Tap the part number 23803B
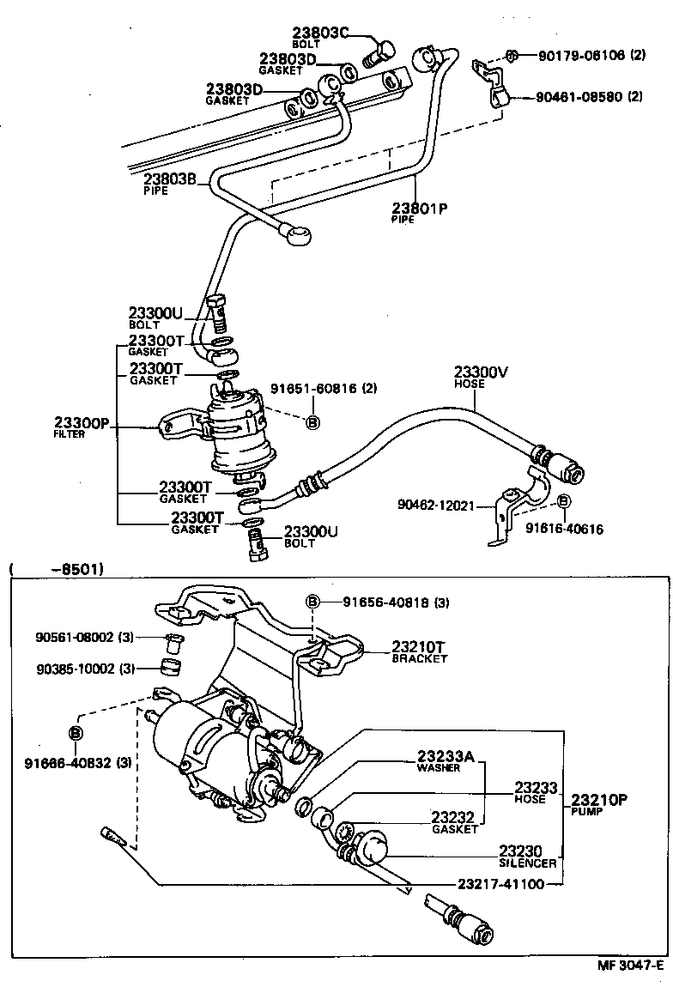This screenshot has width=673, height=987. coord(170,179)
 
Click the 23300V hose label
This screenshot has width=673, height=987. coord(482,372)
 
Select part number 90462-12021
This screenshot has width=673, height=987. coord(435,506)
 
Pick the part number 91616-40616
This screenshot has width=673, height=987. coord(565,530)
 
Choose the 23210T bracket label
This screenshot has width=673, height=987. coord(421,646)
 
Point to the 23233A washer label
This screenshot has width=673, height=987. coord(446,756)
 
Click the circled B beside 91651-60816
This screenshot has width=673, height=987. coord(312,421)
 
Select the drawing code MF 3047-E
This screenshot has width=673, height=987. coord(631,966)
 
